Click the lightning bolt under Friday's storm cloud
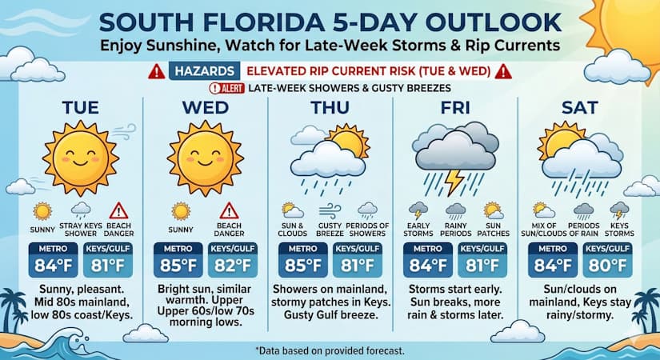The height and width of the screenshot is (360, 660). (x=454, y=182)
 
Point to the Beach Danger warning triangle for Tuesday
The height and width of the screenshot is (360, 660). (x=118, y=211)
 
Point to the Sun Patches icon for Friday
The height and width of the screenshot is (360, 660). (x=492, y=210)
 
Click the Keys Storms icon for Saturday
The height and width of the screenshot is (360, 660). (x=619, y=210)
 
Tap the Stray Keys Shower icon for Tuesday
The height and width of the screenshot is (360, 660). (x=80, y=210)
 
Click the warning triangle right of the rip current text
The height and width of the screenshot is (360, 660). (x=503, y=70)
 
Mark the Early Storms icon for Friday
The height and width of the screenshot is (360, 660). (x=418, y=210)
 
